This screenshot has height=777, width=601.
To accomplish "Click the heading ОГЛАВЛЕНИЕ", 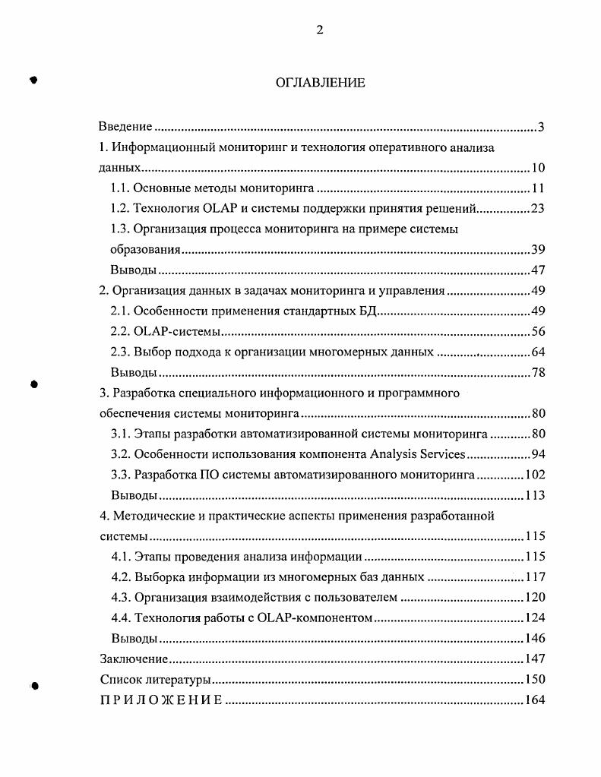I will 320,83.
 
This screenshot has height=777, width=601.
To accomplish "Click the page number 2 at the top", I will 320,30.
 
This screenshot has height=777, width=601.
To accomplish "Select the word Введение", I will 126,127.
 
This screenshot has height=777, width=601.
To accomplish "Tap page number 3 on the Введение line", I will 541,127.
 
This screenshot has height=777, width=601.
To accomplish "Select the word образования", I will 141,250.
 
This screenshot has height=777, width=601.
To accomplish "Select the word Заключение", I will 134,659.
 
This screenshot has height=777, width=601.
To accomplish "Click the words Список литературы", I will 155,680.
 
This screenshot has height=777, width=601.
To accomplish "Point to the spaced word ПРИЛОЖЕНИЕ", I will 161,700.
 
